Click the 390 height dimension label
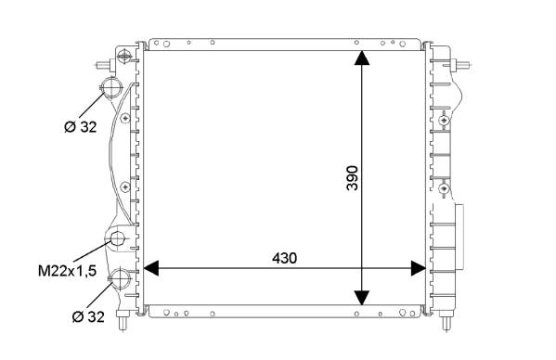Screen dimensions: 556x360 pyautogui.click(x=353, y=178)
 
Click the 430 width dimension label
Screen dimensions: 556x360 pyautogui.click(x=284, y=258)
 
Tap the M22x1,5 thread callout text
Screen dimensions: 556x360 pyautogui.click(x=68, y=271)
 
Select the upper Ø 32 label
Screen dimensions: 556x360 pyautogui.click(x=81, y=126)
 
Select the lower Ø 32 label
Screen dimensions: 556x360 pyautogui.click(x=88, y=316)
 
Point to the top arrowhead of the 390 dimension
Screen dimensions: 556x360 pyautogui.click(x=362, y=58)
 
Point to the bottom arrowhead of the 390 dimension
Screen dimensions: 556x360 pyautogui.click(x=362, y=298)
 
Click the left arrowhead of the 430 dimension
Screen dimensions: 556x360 pyautogui.click(x=150, y=268)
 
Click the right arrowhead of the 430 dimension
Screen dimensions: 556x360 pyautogui.click(x=418, y=268)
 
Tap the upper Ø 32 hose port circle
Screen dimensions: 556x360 pyautogui.click(x=111, y=87)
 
